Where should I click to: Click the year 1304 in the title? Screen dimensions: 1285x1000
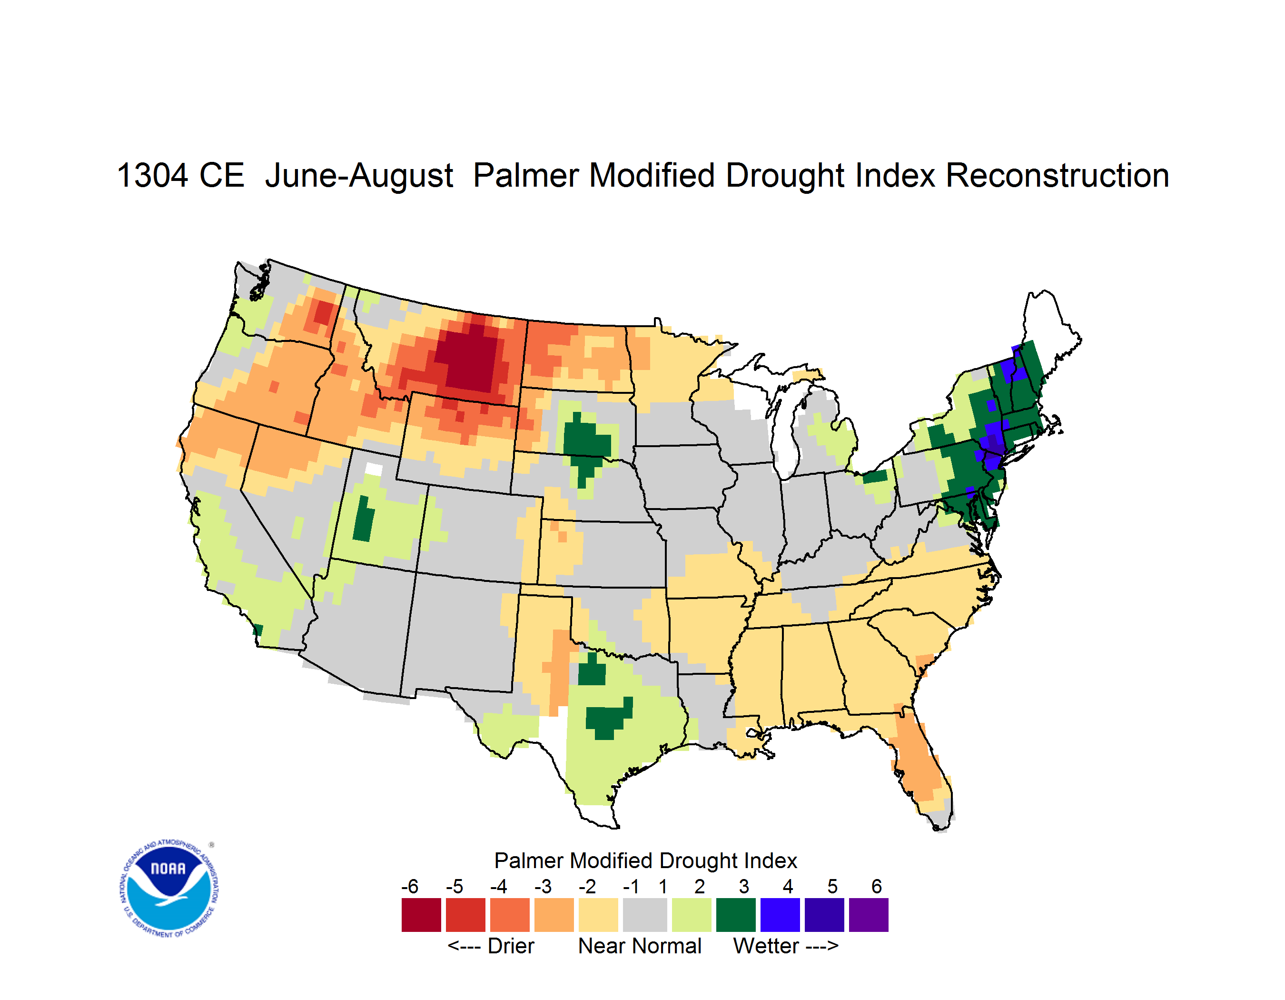(x=152, y=175)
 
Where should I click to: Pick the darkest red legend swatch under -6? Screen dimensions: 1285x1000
(x=421, y=915)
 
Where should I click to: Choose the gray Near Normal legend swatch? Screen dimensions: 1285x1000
(x=645, y=915)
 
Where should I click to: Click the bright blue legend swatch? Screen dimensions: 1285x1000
(x=780, y=915)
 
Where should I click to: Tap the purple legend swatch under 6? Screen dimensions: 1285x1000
(x=869, y=915)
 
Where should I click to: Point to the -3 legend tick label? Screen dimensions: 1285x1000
(x=543, y=886)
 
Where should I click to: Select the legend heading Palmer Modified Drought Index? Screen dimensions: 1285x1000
(x=645, y=860)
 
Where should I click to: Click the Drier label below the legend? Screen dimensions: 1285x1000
(x=511, y=946)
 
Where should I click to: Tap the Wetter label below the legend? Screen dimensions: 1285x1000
(x=766, y=946)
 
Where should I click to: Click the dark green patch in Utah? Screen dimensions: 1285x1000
(x=363, y=519)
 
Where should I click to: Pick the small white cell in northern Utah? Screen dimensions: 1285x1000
(x=374, y=469)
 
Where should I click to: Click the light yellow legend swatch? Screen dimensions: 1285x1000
(x=598, y=915)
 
